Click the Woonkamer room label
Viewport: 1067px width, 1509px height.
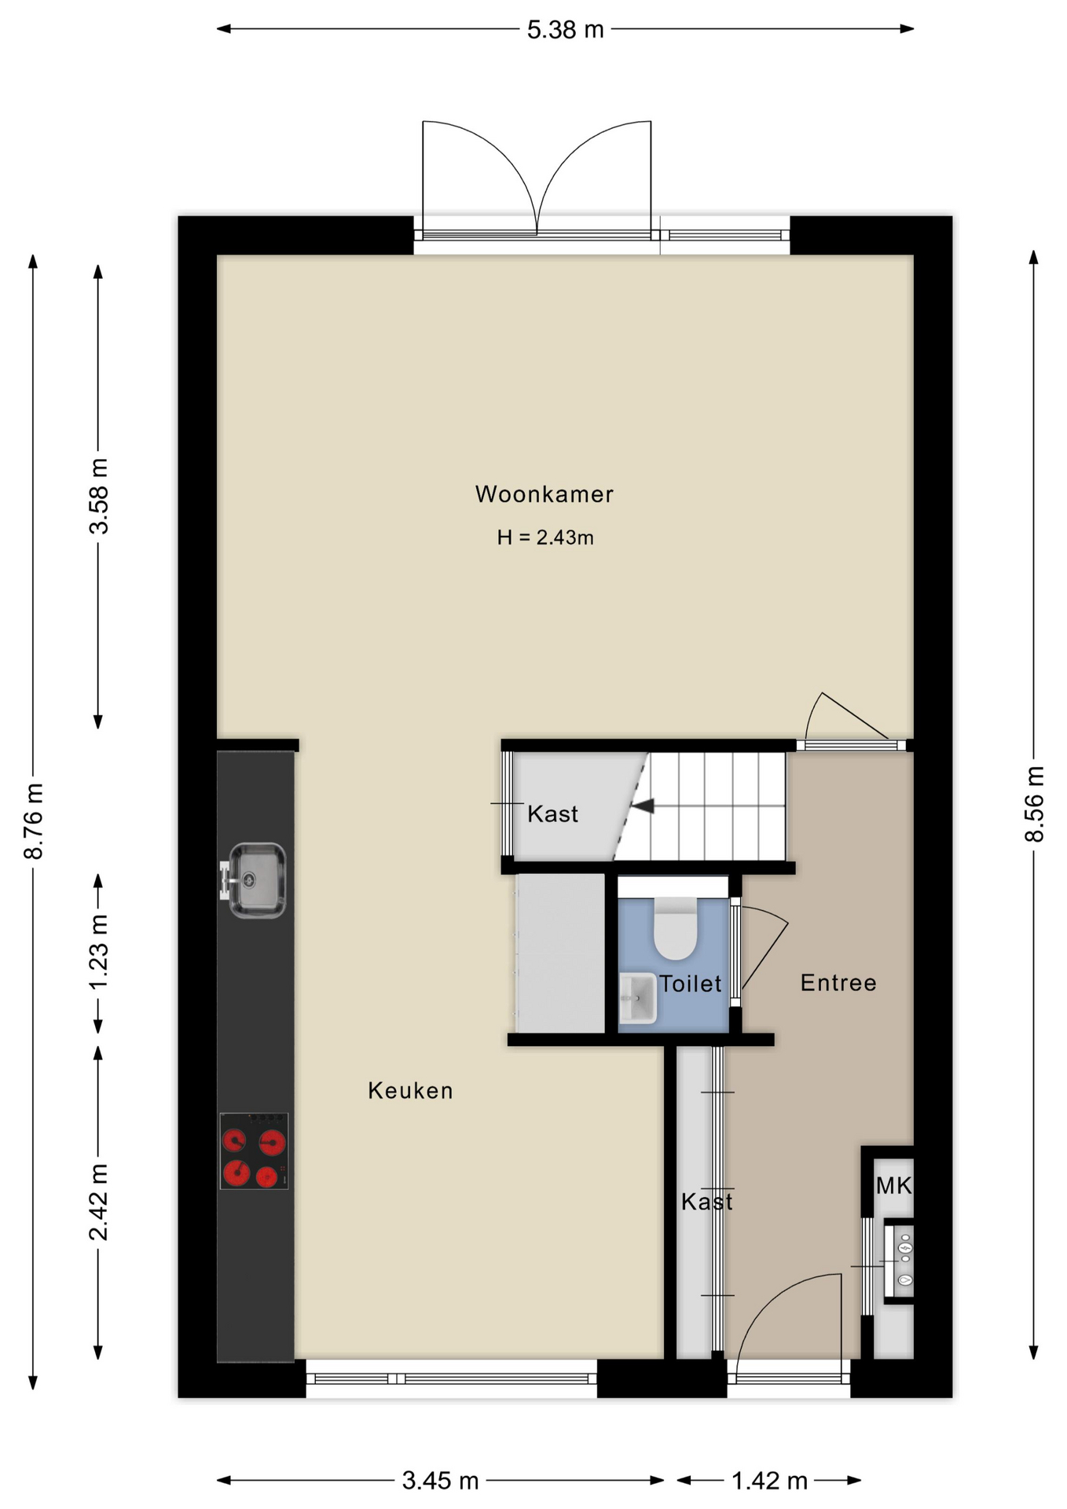click(x=544, y=494)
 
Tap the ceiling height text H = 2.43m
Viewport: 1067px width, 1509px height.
click(x=544, y=538)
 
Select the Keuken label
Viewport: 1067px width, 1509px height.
click(x=410, y=1091)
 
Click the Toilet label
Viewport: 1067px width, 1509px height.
click(x=690, y=984)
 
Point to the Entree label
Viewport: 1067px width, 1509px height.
click(x=838, y=983)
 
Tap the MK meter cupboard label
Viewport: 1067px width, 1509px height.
click(x=893, y=1186)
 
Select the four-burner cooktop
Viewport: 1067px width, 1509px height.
click(x=254, y=1151)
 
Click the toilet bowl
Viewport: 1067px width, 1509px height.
click(x=676, y=928)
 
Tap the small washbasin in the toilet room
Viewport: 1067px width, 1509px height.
click(x=637, y=998)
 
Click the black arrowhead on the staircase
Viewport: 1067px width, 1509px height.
click(x=643, y=806)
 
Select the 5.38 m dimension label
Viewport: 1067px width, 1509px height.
click(x=565, y=30)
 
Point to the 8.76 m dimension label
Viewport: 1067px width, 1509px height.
click(x=34, y=821)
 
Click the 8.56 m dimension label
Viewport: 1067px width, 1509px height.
click(x=1034, y=804)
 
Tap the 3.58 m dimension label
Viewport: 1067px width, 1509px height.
click(x=98, y=496)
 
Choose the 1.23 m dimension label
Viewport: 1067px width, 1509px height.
click(x=98, y=953)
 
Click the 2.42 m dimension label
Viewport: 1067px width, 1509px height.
click(x=98, y=1202)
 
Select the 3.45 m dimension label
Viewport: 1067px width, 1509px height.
click(x=440, y=1481)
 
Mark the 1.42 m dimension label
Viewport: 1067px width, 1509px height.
click(x=769, y=1481)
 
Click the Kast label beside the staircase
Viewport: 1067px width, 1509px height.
click(x=552, y=813)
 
